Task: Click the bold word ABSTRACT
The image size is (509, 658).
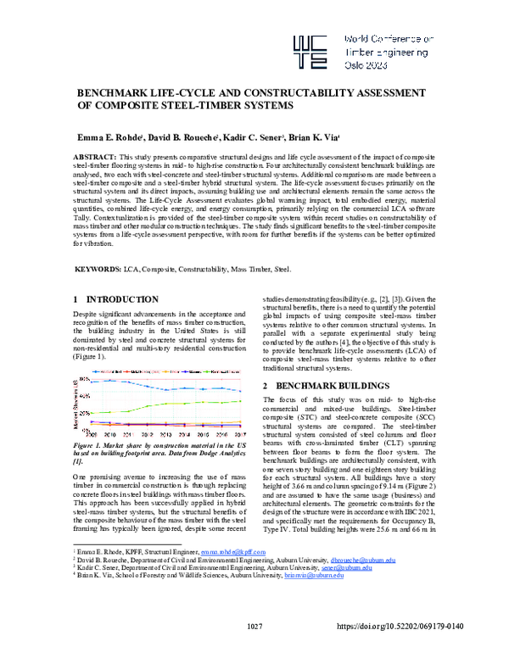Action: tap(95, 159)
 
